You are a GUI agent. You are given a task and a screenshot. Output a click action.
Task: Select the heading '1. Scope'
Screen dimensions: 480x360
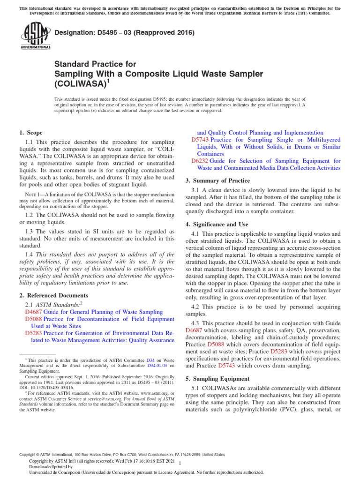coord(30,133)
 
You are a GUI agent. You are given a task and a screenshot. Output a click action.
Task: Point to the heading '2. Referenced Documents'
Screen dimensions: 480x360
coord(53,295)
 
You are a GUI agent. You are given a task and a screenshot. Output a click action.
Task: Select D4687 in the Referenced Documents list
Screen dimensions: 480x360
coord(33,312)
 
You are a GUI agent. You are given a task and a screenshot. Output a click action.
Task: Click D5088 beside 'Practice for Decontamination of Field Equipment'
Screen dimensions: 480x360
coord(33,319)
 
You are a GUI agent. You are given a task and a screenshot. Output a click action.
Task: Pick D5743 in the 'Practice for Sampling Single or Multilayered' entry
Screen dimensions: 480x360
coord(200,140)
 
